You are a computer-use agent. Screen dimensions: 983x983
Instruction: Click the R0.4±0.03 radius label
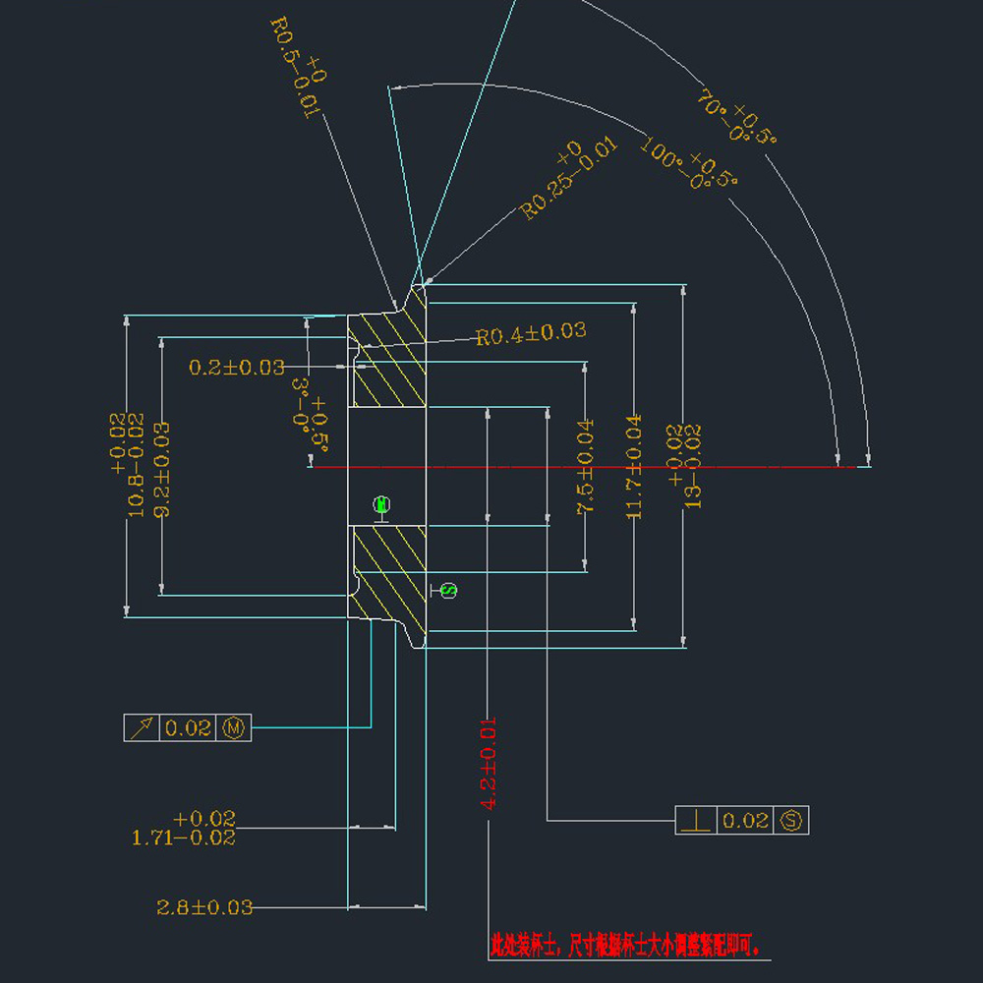coord(531,334)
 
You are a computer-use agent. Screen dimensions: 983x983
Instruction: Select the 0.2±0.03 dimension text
coord(237,368)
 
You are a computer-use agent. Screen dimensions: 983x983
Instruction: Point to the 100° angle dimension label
coord(689,162)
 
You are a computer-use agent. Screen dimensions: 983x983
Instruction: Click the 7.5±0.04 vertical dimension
coord(585,466)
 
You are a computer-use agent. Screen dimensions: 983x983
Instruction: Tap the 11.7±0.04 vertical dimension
coord(633,466)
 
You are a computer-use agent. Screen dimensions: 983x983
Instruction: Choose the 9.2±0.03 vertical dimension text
coord(161,469)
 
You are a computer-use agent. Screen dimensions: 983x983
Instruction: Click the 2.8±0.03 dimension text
coord(204,907)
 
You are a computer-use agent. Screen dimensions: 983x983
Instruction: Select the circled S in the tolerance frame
coord(792,820)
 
